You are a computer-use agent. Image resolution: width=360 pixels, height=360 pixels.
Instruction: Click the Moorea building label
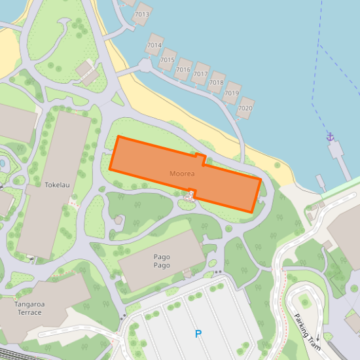pyautogui.click(x=182, y=173)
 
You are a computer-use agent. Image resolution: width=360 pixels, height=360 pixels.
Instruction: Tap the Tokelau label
pyautogui.click(x=57, y=185)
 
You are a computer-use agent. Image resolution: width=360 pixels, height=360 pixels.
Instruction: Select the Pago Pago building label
pyautogui.click(x=162, y=261)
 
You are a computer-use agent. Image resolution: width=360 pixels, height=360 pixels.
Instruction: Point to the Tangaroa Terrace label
pyautogui.click(x=28, y=308)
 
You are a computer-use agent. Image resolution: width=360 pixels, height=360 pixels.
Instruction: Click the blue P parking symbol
pyautogui.click(x=198, y=334)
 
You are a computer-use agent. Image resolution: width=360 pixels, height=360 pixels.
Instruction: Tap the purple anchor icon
pyautogui.click(x=331, y=137)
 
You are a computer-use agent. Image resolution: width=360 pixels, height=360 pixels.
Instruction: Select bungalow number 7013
pyautogui.click(x=141, y=14)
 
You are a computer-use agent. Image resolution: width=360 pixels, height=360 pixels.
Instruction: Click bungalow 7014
pyautogui.click(x=154, y=45)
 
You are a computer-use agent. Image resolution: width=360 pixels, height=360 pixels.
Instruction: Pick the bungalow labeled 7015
pyautogui.click(x=168, y=60)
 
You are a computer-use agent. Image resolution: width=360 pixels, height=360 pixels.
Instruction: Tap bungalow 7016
pyautogui.click(x=183, y=69)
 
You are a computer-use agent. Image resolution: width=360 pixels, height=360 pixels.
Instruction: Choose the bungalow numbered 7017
pyautogui.click(x=200, y=74)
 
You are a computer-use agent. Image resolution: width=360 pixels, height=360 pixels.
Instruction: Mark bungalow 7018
pyautogui.click(x=216, y=83)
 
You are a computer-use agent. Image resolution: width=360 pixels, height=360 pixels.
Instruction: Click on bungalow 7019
pyautogui.click(x=232, y=94)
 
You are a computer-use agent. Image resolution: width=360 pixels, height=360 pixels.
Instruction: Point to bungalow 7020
pyautogui.click(x=245, y=108)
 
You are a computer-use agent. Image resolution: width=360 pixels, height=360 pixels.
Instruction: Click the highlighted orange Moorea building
pyautogui.click(x=151, y=160)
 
